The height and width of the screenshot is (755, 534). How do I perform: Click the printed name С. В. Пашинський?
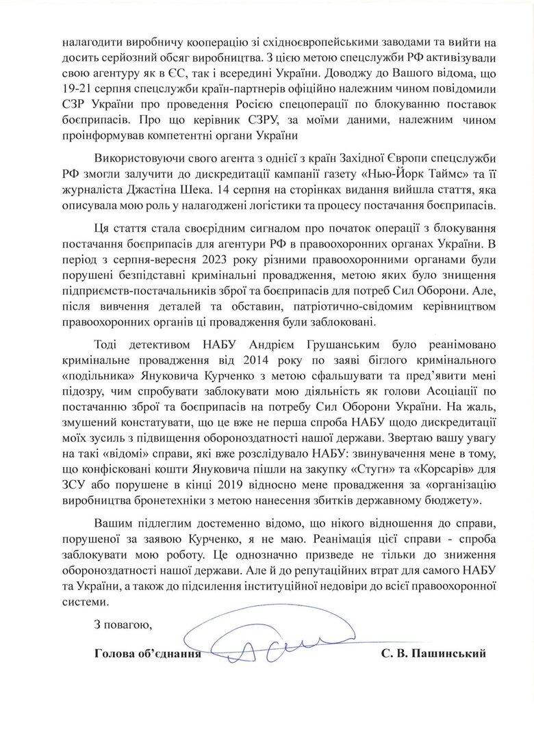(x=434, y=654)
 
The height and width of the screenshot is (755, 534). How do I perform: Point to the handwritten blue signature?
(x=274, y=639)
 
